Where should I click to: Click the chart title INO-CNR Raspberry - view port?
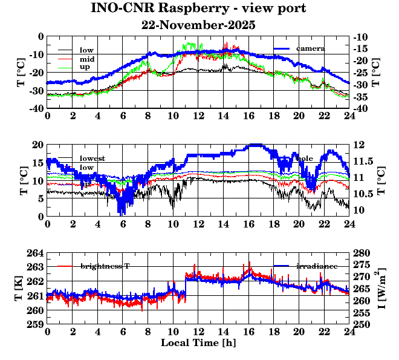tap(198, 9)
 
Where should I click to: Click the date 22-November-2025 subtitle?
tap(198, 25)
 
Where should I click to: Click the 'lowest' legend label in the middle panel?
tap(92, 159)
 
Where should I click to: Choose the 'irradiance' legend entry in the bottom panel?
tap(316, 266)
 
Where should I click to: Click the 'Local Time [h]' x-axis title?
tap(198, 343)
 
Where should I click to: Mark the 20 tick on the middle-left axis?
tap(37, 145)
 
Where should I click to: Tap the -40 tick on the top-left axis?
tap(36, 108)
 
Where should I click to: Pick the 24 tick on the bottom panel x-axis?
tap(349, 333)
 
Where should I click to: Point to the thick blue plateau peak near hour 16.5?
tap(255, 145)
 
